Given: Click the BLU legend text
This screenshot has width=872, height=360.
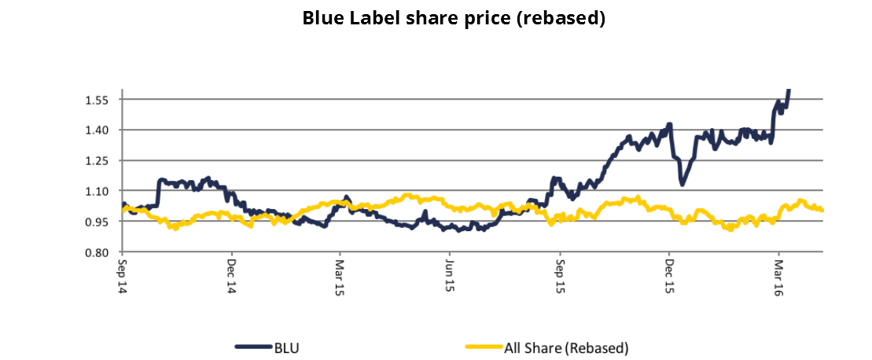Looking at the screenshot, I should click(x=286, y=346).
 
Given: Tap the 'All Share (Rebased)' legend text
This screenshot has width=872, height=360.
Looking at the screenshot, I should click(x=566, y=346).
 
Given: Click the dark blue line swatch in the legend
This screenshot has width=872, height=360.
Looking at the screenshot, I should click(x=252, y=346).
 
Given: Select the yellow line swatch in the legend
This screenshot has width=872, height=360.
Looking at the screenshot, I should click(x=484, y=346).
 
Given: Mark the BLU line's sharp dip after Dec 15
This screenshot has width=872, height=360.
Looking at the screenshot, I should click(x=683, y=184).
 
